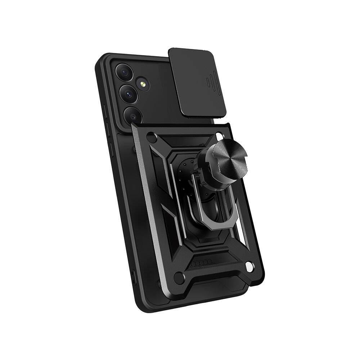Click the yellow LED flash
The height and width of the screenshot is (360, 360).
[x=143, y=85]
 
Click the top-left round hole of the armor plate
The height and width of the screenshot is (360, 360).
[x=152, y=139]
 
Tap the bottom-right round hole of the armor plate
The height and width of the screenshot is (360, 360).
[x=248, y=267]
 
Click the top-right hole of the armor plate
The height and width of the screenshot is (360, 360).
[x=220, y=136]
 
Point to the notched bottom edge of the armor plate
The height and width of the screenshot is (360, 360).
[x=216, y=284]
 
